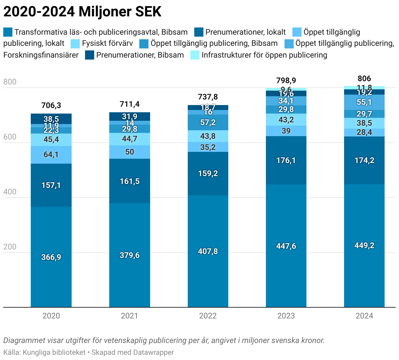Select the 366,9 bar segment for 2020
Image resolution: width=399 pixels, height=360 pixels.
point(51,257)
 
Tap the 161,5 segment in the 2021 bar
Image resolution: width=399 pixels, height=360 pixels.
point(130,181)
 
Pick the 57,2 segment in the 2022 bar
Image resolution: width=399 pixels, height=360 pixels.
point(208,122)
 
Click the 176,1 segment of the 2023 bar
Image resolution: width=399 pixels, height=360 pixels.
point(286,160)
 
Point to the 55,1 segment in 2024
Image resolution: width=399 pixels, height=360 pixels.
point(364,102)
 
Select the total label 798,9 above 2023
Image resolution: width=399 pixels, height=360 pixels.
point(286,81)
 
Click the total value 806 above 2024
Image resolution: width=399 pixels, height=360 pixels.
point(364,79)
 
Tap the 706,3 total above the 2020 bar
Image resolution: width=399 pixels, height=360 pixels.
point(51,105)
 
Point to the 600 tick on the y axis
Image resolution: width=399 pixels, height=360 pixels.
point(10,137)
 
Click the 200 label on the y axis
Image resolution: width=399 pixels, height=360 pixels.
point(10,247)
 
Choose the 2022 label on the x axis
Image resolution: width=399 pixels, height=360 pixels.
point(208,316)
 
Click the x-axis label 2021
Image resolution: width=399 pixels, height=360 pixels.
point(130,316)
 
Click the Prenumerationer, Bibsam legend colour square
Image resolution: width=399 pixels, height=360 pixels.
point(90,55)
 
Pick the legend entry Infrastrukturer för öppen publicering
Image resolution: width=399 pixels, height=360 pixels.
point(264,55)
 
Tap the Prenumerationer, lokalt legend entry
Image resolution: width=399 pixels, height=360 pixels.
point(245,32)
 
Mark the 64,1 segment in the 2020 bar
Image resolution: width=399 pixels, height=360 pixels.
point(51,154)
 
